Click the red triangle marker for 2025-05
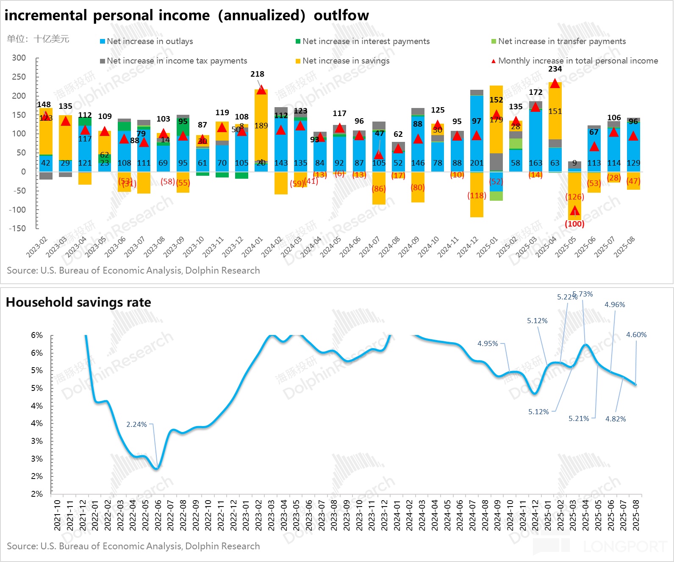coord(574,210)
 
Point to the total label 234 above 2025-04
coord(555,69)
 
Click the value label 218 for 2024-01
coord(257,74)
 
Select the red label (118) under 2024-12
coord(477,196)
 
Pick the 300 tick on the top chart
coord(19,58)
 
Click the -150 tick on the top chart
coord(17,228)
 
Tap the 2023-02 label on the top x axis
coord(37,247)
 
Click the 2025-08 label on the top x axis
coord(624,247)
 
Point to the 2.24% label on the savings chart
coord(136,424)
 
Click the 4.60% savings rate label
coord(636,335)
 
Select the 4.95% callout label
coord(488,343)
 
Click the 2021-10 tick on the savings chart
coord(58,515)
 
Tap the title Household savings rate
coord(78,302)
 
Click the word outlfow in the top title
coord(341,15)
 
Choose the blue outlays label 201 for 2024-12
coord(477,163)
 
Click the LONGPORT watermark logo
coord(624,547)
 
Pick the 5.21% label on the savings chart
coord(579,418)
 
